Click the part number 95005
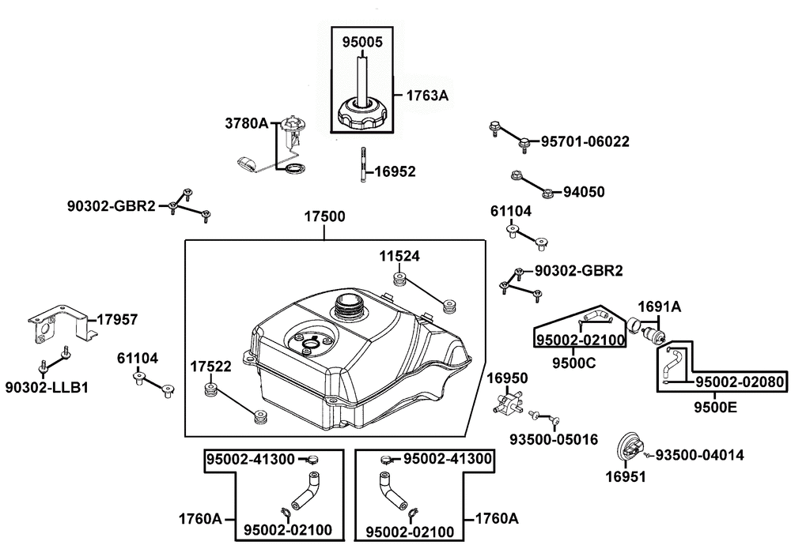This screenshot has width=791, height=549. [x=363, y=42]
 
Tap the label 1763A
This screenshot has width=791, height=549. [x=427, y=95]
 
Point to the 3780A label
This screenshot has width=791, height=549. [x=247, y=123]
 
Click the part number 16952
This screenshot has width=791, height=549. [x=395, y=171]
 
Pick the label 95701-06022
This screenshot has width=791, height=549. [x=585, y=141]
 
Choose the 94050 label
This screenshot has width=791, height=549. [x=584, y=192]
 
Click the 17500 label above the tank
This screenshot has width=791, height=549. [x=324, y=216]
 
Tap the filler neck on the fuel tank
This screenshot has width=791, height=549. [x=347, y=305]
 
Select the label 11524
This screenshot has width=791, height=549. [x=399, y=257]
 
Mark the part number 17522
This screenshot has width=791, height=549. [x=211, y=367]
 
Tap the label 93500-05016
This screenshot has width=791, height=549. [x=554, y=439]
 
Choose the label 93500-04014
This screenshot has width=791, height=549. [x=699, y=455]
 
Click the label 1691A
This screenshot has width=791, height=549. [x=660, y=306]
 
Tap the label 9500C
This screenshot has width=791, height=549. [x=573, y=363]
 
